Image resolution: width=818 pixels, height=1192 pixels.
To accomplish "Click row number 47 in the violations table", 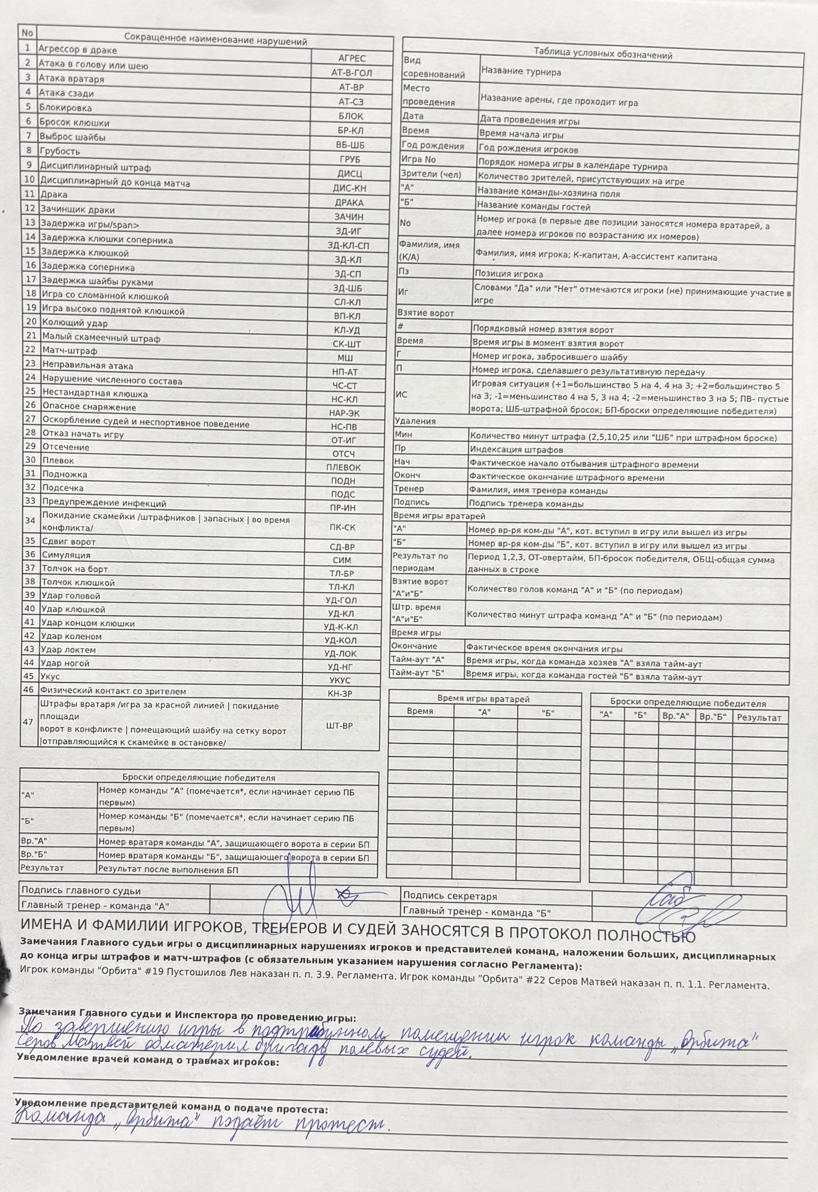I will tap(29, 722).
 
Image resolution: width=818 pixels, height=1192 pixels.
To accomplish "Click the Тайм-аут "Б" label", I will tap(417, 673).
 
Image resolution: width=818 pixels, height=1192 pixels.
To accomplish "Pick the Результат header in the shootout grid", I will tap(758, 718).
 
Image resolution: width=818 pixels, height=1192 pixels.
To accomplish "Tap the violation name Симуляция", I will tap(66, 555).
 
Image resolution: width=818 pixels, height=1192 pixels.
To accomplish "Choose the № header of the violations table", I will tap(27, 33).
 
